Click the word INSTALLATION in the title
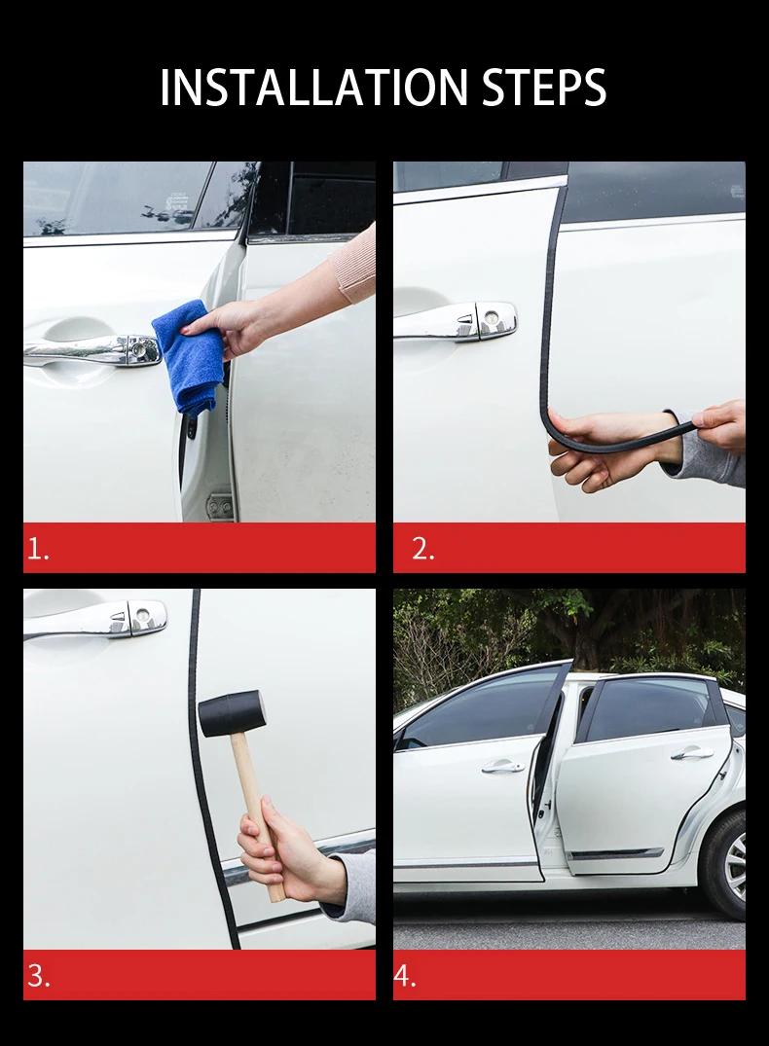[313, 87]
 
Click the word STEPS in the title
[543, 87]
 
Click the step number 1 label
[38, 549]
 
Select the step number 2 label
[423, 549]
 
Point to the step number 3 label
[39, 975]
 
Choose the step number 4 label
[405, 975]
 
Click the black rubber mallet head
[231, 713]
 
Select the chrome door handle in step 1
[92, 350]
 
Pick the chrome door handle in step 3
[95, 620]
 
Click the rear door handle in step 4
[687, 754]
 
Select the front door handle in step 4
[503, 767]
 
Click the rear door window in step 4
[647, 709]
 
